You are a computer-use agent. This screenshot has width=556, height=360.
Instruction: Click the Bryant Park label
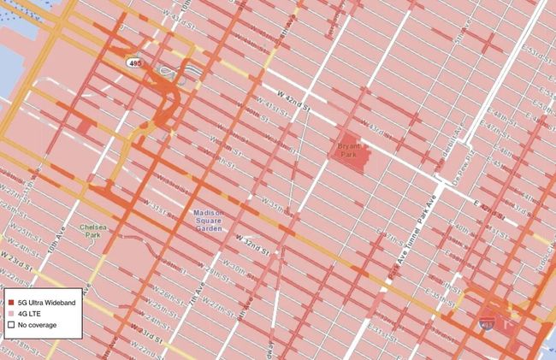(x=347, y=149)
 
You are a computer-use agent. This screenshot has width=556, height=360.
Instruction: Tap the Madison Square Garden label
(x=208, y=219)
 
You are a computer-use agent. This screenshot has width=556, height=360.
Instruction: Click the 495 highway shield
(x=135, y=63)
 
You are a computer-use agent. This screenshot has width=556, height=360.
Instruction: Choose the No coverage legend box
(x=9, y=324)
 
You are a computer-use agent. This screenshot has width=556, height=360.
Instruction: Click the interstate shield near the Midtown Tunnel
(x=487, y=322)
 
